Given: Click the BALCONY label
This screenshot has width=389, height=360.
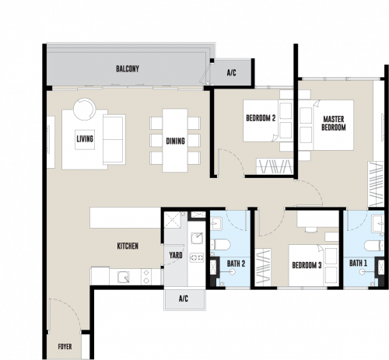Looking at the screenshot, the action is pyautogui.click(x=128, y=69).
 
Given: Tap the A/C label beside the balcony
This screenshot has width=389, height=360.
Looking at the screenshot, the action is pyautogui.click(x=231, y=73).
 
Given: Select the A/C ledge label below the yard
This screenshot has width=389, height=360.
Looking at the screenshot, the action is pyautogui.click(x=184, y=299).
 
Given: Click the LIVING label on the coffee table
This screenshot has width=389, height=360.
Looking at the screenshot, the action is pyautogui.click(x=85, y=139).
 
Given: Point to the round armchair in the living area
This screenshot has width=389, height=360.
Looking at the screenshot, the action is pyautogui.click(x=85, y=109).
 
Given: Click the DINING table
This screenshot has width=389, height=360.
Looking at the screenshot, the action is pyautogui.click(x=175, y=140).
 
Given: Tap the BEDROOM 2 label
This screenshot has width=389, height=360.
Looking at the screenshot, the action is pyautogui.click(x=261, y=118).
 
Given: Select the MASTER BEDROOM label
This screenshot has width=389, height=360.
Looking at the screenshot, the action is pyautogui.click(x=334, y=124).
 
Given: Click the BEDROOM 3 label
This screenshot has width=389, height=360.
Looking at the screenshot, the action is pyautogui.click(x=307, y=265).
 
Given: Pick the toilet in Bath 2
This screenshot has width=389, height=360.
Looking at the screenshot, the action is pyautogui.click(x=220, y=245).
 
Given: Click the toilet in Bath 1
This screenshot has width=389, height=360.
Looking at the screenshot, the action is pyautogui.click(x=374, y=246).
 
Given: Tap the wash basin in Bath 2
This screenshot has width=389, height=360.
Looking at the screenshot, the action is pyautogui.click(x=216, y=224).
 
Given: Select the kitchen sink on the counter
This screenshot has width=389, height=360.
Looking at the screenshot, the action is pyautogui.click(x=124, y=277).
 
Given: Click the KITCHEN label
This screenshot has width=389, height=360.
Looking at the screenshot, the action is pyautogui.click(x=128, y=246).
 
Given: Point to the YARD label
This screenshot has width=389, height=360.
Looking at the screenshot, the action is pyautogui.click(x=176, y=255).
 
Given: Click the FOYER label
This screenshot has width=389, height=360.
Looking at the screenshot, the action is pyautogui.click(x=65, y=347).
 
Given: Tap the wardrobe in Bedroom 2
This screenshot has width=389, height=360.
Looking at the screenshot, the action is pyautogui.click(x=275, y=166).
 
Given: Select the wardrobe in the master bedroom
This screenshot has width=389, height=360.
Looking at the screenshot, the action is pyautogui.click(x=376, y=184).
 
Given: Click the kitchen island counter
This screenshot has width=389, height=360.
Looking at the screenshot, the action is pyautogui.click(x=125, y=218).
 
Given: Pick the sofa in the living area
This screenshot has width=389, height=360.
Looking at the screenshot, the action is pyautogui.click(x=114, y=139).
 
